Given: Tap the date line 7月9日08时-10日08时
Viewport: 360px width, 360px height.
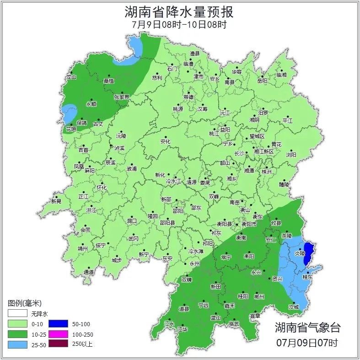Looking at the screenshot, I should point(180,25).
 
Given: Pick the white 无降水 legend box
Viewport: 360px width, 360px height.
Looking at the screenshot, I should point(17,314).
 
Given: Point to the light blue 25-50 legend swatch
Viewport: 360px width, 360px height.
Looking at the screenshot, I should point(17,344).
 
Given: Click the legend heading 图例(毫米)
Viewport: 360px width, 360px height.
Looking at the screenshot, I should point(24,303).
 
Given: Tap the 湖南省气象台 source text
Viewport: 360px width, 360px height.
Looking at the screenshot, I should point(307,328).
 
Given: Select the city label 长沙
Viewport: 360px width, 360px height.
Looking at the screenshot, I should point(239,153).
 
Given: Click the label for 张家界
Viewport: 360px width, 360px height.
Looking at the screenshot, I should point(122,97).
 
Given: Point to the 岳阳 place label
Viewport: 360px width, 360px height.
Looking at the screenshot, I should point(262,81).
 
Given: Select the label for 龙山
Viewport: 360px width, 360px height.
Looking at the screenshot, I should point(71,77).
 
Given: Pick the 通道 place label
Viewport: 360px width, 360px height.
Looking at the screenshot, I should point(89,272).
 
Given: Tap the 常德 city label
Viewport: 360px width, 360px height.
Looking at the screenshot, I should point(188,97).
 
